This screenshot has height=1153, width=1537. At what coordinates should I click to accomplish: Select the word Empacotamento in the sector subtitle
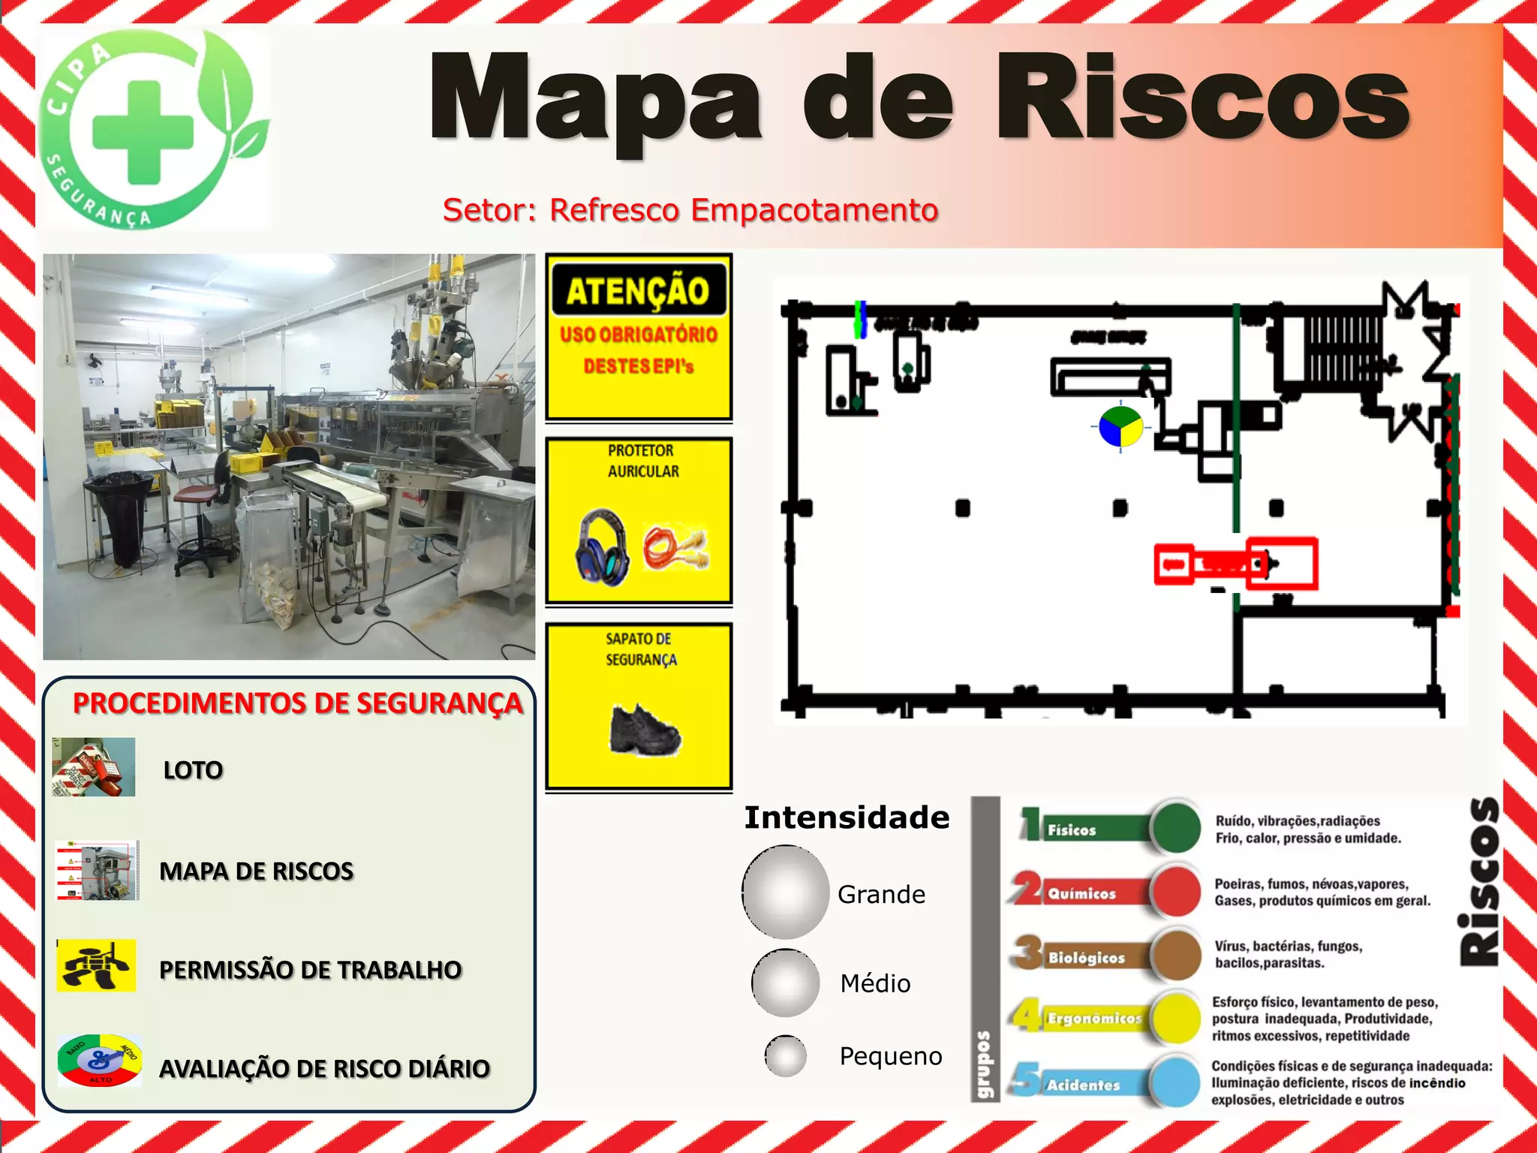(814, 210)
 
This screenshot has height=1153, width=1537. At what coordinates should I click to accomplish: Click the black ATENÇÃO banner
(639, 291)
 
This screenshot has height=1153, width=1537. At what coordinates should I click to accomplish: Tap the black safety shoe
(645, 729)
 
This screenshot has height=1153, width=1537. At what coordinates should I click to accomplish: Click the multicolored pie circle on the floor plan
(1120, 428)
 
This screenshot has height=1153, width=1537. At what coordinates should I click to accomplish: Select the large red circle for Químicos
(1175, 891)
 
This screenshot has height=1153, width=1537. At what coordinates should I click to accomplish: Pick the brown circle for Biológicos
(1175, 954)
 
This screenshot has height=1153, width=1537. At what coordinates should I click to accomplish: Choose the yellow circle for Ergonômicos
(1175, 1018)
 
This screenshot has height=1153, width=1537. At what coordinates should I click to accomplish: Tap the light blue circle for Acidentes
(1175, 1081)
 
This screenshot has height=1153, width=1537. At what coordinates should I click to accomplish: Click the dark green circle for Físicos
(1175, 827)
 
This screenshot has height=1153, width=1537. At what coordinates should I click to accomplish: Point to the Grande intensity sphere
(786, 892)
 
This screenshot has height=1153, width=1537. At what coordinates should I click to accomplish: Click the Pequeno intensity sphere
(786, 1055)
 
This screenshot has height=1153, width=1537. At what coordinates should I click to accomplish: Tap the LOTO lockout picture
(94, 767)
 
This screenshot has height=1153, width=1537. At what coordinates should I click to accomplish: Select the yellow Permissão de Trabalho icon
(97, 965)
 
